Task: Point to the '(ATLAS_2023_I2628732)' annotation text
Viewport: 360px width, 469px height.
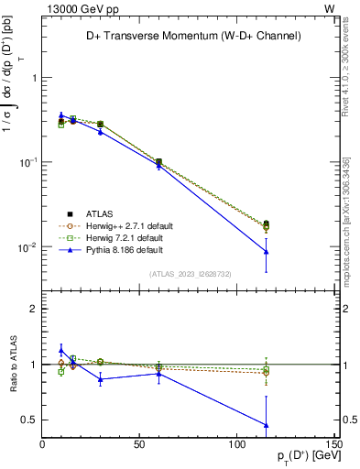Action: (x=189, y=273)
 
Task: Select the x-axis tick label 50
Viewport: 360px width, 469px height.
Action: (x=139, y=444)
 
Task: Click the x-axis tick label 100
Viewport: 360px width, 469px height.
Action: (x=236, y=444)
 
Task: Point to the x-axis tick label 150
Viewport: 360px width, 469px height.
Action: (x=333, y=444)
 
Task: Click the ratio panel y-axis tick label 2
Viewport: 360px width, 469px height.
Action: (x=33, y=309)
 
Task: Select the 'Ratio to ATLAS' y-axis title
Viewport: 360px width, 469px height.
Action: (x=11, y=365)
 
